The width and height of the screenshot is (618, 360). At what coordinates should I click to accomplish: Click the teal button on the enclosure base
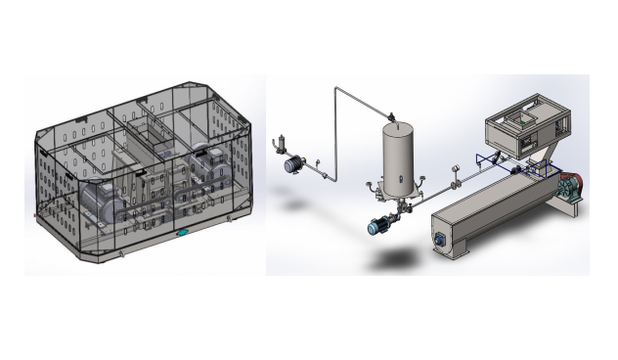[183, 233]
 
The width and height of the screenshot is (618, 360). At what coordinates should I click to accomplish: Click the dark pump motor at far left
[290, 166]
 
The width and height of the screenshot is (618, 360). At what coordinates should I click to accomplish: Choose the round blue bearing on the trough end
[437, 238]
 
